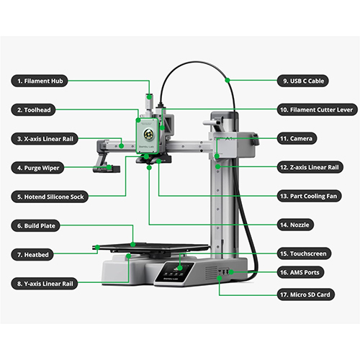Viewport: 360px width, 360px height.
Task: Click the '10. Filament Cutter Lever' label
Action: pyautogui.click(x=317, y=110)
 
